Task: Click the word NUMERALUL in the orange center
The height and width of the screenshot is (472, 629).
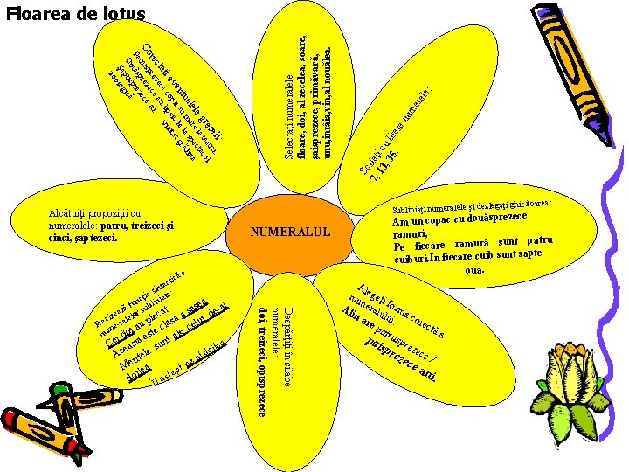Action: [291, 233]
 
